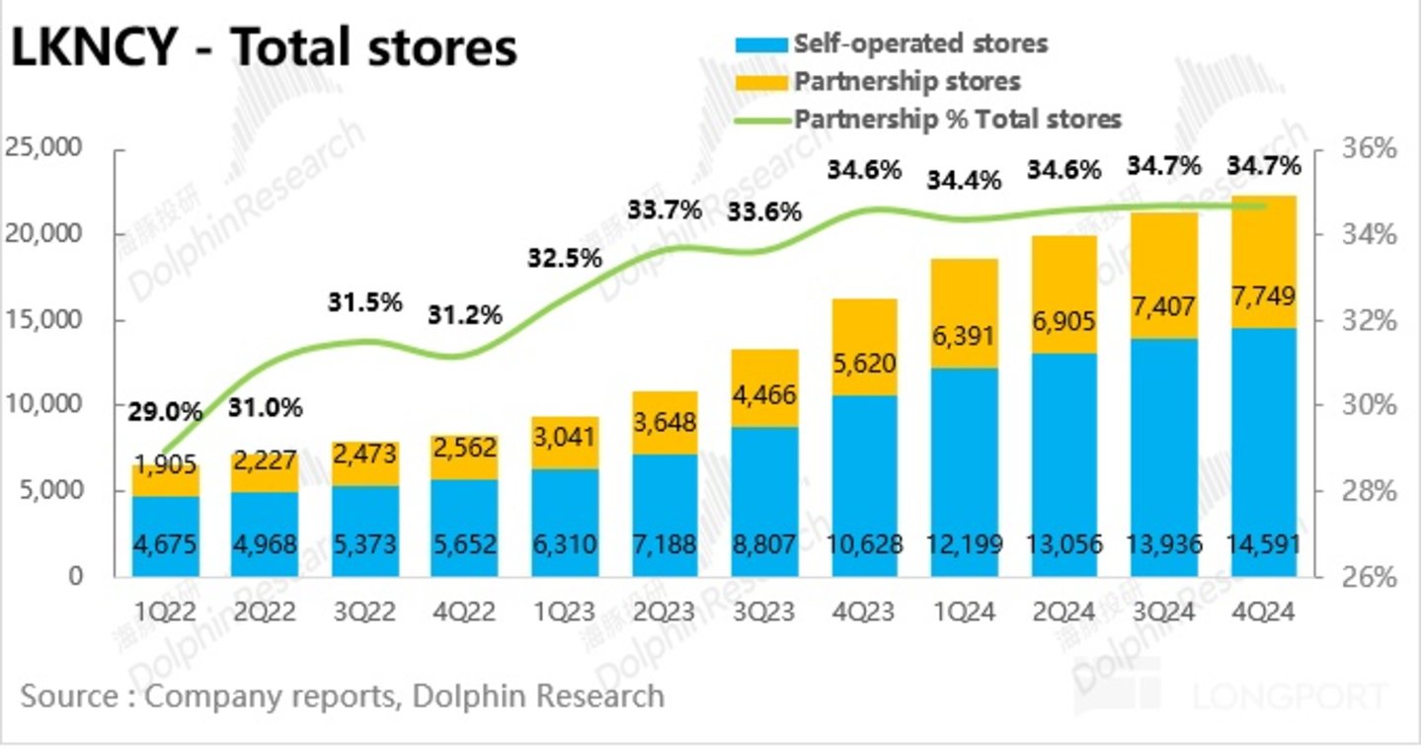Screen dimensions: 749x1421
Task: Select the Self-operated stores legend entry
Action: click(x=919, y=43)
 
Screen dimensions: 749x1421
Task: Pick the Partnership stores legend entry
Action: click(x=907, y=81)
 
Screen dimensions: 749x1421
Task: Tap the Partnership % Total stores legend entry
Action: click(x=957, y=119)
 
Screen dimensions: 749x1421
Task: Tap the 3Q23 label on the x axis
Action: click(x=763, y=613)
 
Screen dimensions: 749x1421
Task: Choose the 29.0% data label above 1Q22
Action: click(x=165, y=411)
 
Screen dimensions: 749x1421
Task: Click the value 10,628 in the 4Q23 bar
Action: click(x=864, y=544)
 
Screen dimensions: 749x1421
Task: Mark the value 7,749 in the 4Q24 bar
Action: click(x=1263, y=296)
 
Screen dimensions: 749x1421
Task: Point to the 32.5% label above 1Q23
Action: click(x=563, y=259)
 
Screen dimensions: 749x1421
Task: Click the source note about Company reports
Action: click(x=342, y=696)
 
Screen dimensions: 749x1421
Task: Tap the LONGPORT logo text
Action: click(x=1289, y=697)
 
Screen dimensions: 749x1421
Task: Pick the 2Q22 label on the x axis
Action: click(x=265, y=613)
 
